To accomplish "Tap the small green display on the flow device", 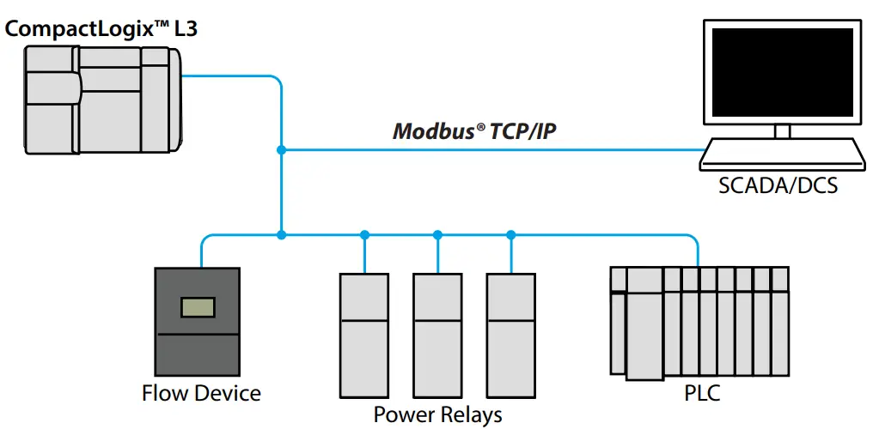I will tap(198, 307).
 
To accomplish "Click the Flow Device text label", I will tap(201, 394).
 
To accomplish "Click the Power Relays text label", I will tap(437, 415).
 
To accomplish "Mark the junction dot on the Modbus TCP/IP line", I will tap(281, 150).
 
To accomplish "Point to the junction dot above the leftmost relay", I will tap(364, 234).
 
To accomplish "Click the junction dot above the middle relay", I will tap(437, 234).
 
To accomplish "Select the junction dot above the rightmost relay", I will tap(510, 234).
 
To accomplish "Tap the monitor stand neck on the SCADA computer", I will tap(781, 131).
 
